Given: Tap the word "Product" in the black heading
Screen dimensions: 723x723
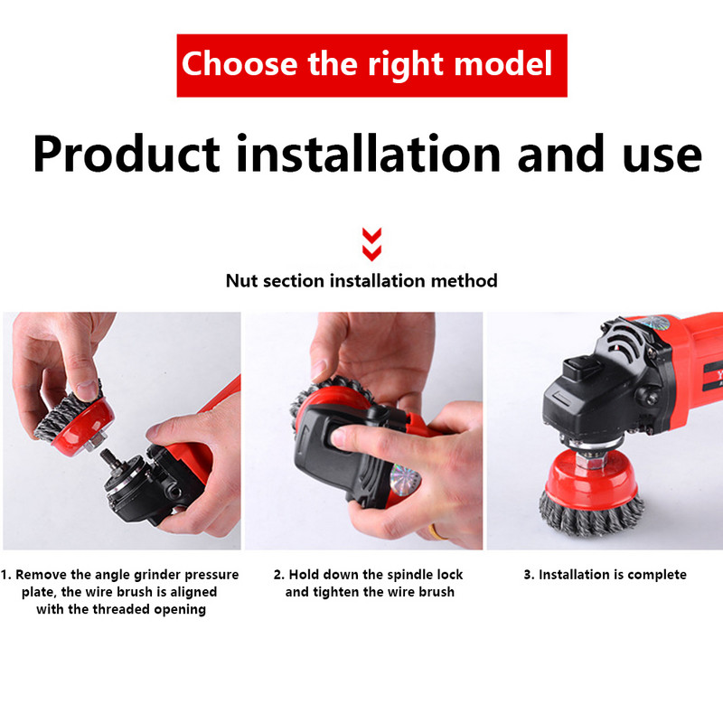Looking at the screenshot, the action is click(127, 154).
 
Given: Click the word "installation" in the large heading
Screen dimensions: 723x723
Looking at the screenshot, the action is click(369, 153).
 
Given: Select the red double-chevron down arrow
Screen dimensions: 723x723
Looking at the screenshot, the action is click(371, 244).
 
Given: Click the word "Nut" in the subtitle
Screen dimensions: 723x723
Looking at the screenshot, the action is click(241, 281).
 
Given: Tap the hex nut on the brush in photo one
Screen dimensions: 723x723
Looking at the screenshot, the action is click(96, 442).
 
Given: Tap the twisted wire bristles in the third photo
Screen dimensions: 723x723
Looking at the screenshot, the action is click(592, 515).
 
